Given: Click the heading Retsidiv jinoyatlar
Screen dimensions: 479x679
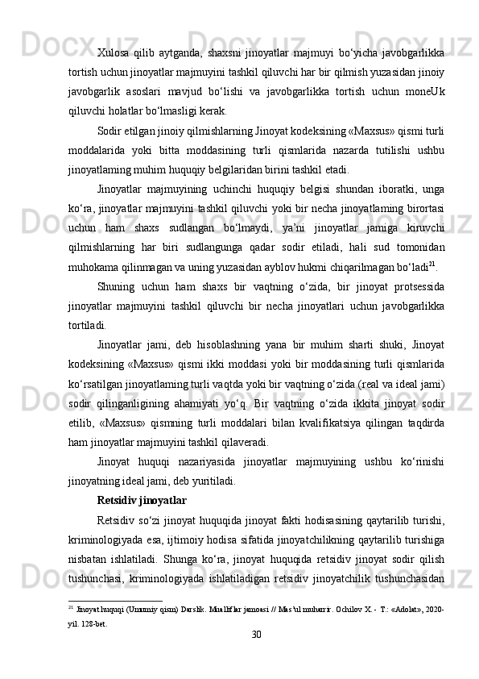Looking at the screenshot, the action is coord(141,500).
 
